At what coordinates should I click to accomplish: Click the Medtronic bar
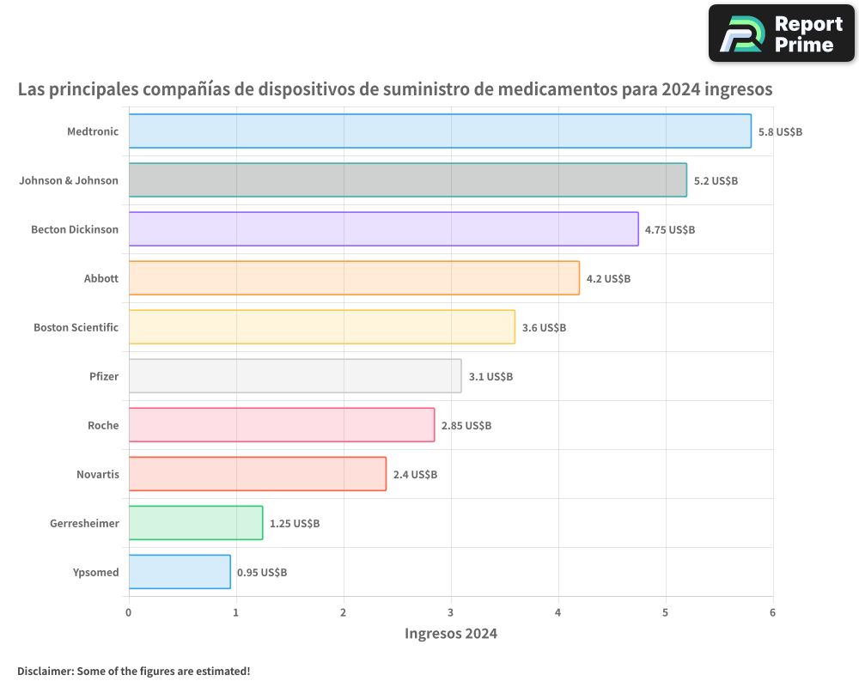click(x=440, y=131)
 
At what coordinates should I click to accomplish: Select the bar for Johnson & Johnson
click(x=407, y=180)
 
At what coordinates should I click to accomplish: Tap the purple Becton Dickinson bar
click(x=383, y=229)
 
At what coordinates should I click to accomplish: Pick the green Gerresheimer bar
click(x=196, y=523)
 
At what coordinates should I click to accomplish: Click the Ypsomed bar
click(x=180, y=572)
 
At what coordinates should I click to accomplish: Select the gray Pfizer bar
click(x=295, y=376)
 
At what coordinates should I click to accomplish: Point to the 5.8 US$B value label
click(x=780, y=132)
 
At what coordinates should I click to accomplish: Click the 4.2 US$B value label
click(x=608, y=279)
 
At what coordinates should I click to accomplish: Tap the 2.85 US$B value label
click(x=466, y=426)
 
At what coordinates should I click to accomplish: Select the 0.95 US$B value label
click(x=262, y=573)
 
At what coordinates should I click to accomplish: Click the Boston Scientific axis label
click(x=76, y=327)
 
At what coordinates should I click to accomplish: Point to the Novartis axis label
click(x=97, y=474)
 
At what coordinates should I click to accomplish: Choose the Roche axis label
click(x=103, y=425)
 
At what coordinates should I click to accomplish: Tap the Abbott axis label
click(x=101, y=278)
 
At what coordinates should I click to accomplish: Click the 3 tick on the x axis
click(x=451, y=612)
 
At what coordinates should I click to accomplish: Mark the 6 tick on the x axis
click(x=772, y=612)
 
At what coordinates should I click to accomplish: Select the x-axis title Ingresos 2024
click(x=451, y=635)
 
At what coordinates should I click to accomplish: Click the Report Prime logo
click(x=782, y=33)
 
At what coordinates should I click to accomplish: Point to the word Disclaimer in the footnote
click(x=44, y=671)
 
